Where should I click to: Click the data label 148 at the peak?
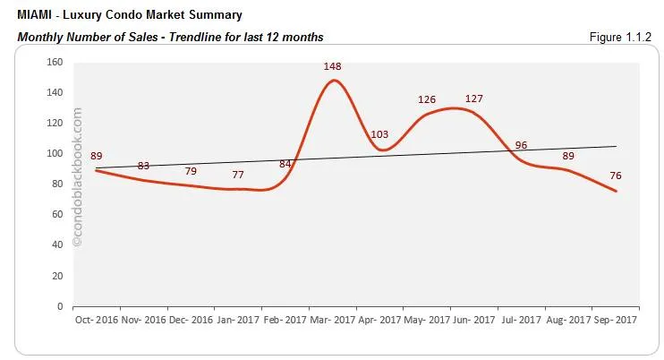coord(334,66)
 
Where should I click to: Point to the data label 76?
coord(616,176)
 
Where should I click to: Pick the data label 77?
coord(237,176)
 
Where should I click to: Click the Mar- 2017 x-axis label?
coord(331,320)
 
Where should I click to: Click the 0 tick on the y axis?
coord(59,306)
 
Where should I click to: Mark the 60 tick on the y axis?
coord(56,215)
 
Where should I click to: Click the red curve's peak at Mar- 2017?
coord(334,81)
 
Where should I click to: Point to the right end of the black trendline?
coord(617,146)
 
